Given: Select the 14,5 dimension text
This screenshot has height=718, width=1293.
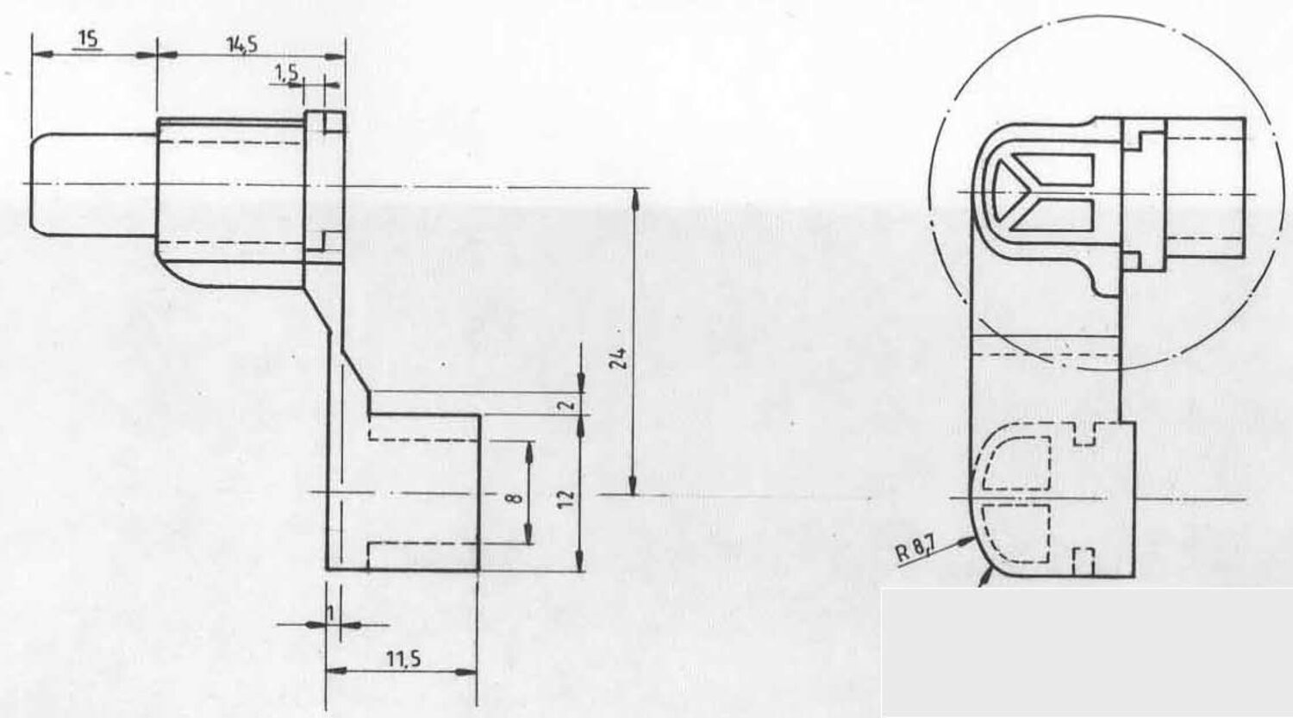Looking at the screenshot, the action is (242, 44).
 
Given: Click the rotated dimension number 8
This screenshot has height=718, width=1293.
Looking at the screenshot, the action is (515, 497).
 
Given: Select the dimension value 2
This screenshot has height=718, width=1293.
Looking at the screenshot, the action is (568, 404).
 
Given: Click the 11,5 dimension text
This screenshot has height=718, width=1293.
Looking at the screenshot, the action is (403, 659).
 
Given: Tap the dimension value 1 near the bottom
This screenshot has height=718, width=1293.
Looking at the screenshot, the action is (331, 613).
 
